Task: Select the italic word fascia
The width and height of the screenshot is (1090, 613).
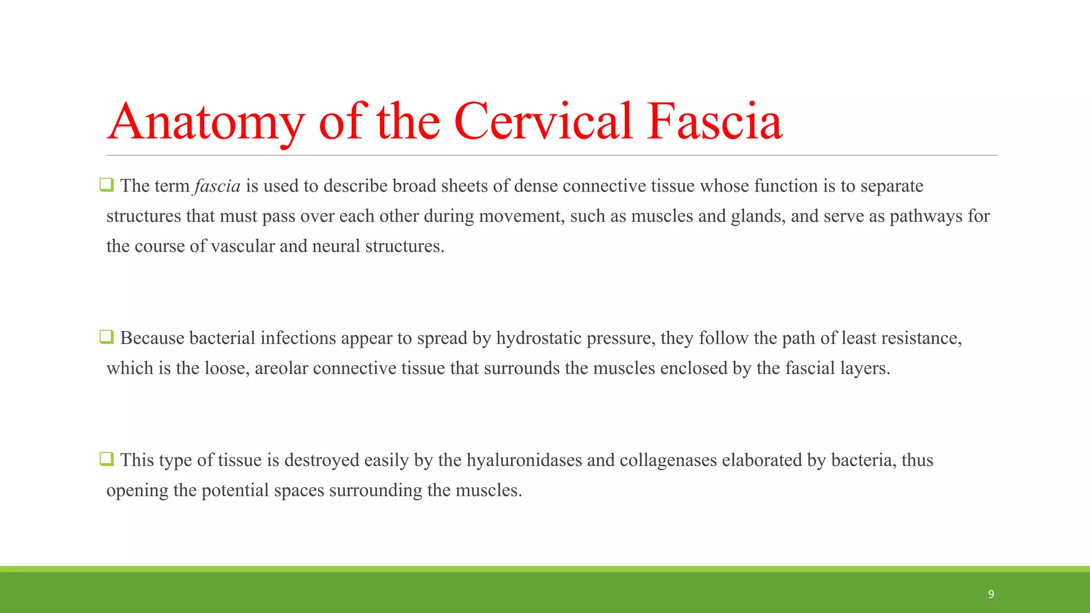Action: (217, 186)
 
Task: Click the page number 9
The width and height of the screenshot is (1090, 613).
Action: (991, 594)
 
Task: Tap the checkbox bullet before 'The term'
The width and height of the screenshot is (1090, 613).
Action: (106, 185)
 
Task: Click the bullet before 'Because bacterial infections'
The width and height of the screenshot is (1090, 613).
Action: (106, 337)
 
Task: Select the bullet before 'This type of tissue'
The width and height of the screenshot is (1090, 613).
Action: (106, 459)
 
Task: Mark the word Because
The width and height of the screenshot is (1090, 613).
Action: (152, 338)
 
